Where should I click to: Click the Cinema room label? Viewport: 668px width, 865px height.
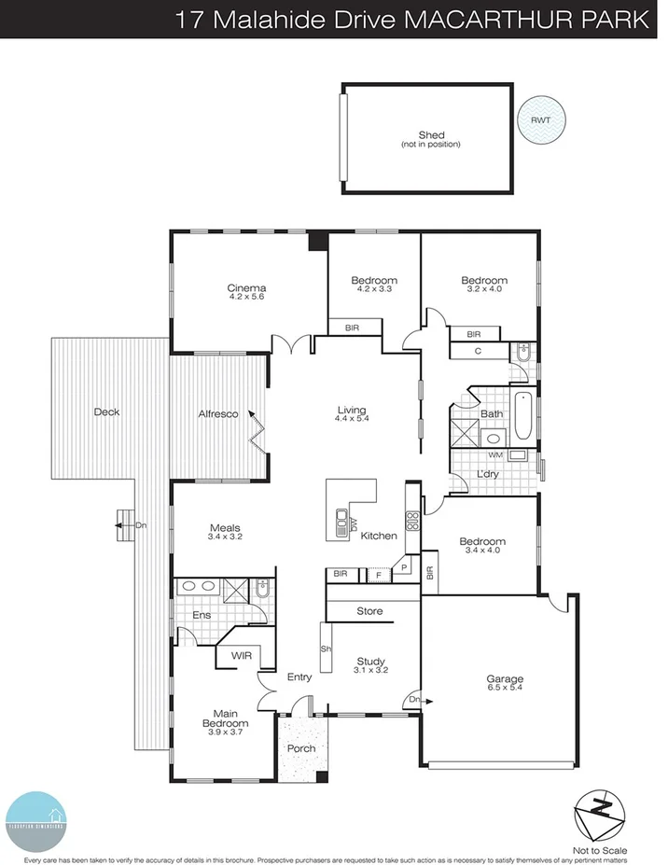(x=246, y=287)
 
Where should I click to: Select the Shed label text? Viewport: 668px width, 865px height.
(x=430, y=135)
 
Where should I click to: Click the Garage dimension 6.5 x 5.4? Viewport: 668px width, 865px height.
(x=504, y=689)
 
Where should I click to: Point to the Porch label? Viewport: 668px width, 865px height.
(x=300, y=748)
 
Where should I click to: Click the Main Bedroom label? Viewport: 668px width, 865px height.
(x=225, y=719)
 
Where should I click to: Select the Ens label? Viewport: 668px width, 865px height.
(x=201, y=615)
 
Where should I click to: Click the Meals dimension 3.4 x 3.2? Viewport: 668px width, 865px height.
(x=225, y=537)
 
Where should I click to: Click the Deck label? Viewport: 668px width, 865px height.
(x=106, y=412)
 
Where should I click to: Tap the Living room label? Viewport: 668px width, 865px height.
(x=352, y=410)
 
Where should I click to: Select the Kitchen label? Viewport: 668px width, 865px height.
(x=379, y=536)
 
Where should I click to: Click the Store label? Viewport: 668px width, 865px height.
(x=369, y=612)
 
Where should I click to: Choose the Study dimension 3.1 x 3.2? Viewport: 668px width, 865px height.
(x=369, y=670)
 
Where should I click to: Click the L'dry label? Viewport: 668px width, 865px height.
(x=489, y=475)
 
